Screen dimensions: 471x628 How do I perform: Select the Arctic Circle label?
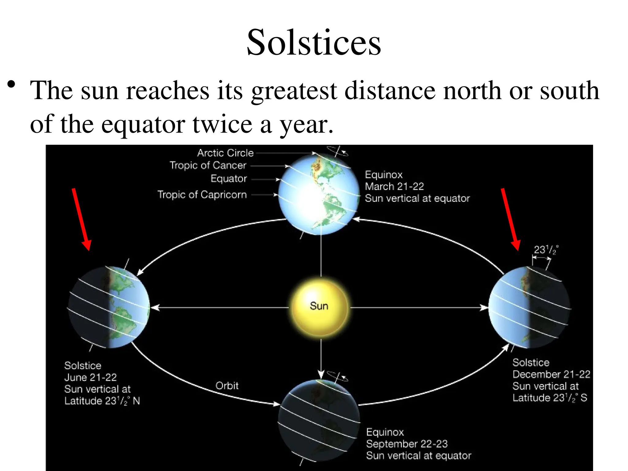pyautogui.click(x=225, y=153)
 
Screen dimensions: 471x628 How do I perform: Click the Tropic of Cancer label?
pyautogui.click(x=208, y=165)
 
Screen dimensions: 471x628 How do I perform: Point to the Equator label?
pyautogui.click(x=229, y=178)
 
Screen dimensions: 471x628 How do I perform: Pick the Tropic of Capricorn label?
pyautogui.click(x=202, y=194)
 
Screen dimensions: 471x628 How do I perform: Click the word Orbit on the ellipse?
pyautogui.click(x=227, y=385)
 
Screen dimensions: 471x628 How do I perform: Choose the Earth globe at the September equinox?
pyautogui.click(x=319, y=420)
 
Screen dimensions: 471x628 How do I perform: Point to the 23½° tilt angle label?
pyautogui.click(x=546, y=250)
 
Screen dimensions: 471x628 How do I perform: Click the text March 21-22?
pyautogui.click(x=394, y=186)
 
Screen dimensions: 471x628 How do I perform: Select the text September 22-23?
pyautogui.click(x=407, y=444)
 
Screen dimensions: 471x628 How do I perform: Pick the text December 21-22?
pyautogui.click(x=551, y=374)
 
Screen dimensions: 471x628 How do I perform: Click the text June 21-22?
pyautogui.click(x=90, y=377)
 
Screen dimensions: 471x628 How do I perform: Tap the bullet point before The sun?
pyautogui.click(x=11, y=84)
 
